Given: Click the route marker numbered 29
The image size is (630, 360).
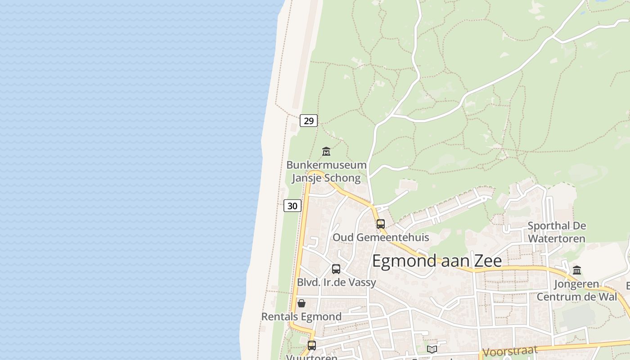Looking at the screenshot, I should click(x=309, y=121).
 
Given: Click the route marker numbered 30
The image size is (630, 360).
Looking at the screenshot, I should click(x=292, y=206).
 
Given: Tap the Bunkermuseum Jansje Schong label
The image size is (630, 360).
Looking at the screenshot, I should click(x=326, y=171).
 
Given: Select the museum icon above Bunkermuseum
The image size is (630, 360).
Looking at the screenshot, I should click(x=326, y=151).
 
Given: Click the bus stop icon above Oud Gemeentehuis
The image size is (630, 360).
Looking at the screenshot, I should click(x=381, y=224).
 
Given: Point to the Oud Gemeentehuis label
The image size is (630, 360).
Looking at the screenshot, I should click(x=381, y=237).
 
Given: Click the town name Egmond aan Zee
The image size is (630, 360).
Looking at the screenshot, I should click(x=436, y=261).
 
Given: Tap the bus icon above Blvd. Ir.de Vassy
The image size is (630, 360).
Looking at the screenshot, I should click(x=336, y=269).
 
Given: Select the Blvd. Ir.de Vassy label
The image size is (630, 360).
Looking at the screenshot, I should click(x=336, y=283).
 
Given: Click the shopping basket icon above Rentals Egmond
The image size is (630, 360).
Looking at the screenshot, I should click(x=301, y=303).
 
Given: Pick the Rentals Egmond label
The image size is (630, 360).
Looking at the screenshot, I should click(x=301, y=317).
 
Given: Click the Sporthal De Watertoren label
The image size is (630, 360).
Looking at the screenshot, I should click(x=557, y=232).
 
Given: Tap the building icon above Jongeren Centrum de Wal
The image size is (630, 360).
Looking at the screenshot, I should click(x=577, y=270).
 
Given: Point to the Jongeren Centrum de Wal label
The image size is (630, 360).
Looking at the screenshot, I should click(x=576, y=290).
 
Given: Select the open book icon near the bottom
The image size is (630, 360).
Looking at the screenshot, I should click(x=432, y=349).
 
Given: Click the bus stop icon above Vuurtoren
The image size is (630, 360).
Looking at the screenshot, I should click(x=312, y=345).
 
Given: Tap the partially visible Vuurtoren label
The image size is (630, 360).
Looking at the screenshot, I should click(x=312, y=357).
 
